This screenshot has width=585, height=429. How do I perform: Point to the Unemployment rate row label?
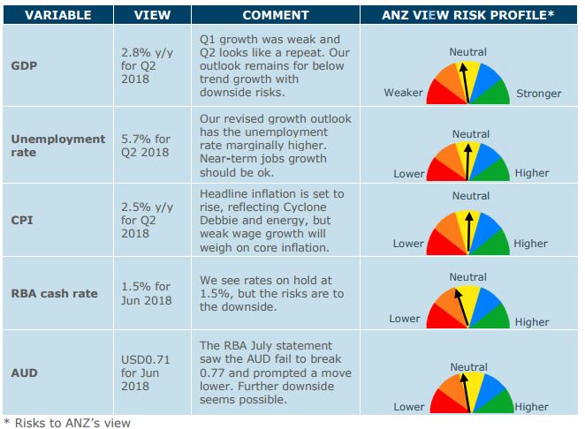point(57,146)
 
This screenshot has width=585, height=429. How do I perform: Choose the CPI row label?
point(22,219)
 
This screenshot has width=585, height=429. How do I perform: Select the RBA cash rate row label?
point(54,293)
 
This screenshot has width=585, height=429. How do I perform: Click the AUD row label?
point(24,373)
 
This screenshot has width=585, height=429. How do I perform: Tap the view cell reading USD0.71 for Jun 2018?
point(145,373)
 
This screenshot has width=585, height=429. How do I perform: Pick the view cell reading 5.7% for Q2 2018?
point(145,146)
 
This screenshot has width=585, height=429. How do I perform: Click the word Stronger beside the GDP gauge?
point(538,94)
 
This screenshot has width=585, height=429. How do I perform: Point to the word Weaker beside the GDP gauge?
point(403,94)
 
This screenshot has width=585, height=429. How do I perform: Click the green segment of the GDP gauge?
point(494,90)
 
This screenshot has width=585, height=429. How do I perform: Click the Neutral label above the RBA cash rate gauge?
point(467,277)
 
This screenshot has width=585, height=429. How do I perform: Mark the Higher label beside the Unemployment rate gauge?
point(531,174)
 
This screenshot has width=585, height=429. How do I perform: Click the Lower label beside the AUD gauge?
point(408,407)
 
